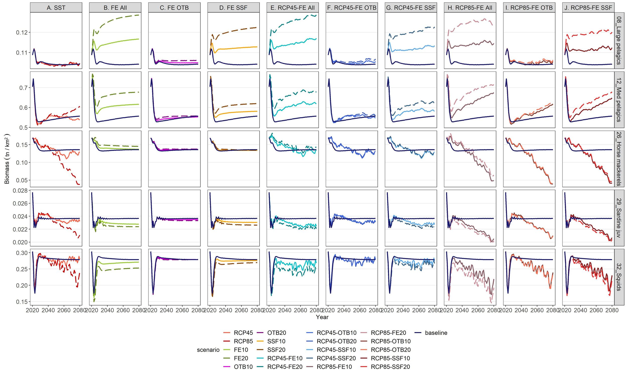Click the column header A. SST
(56, 8)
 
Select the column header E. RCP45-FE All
(292, 8)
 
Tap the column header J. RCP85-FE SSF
(588, 8)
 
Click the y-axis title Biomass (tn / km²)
(7, 159)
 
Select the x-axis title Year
(322, 317)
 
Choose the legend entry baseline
(436, 333)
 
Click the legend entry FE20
(241, 358)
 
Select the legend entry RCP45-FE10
(285, 358)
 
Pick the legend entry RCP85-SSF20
(390, 367)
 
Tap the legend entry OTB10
(243, 367)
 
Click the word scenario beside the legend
(208, 350)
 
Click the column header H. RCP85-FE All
(470, 8)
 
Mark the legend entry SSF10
(276, 341)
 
